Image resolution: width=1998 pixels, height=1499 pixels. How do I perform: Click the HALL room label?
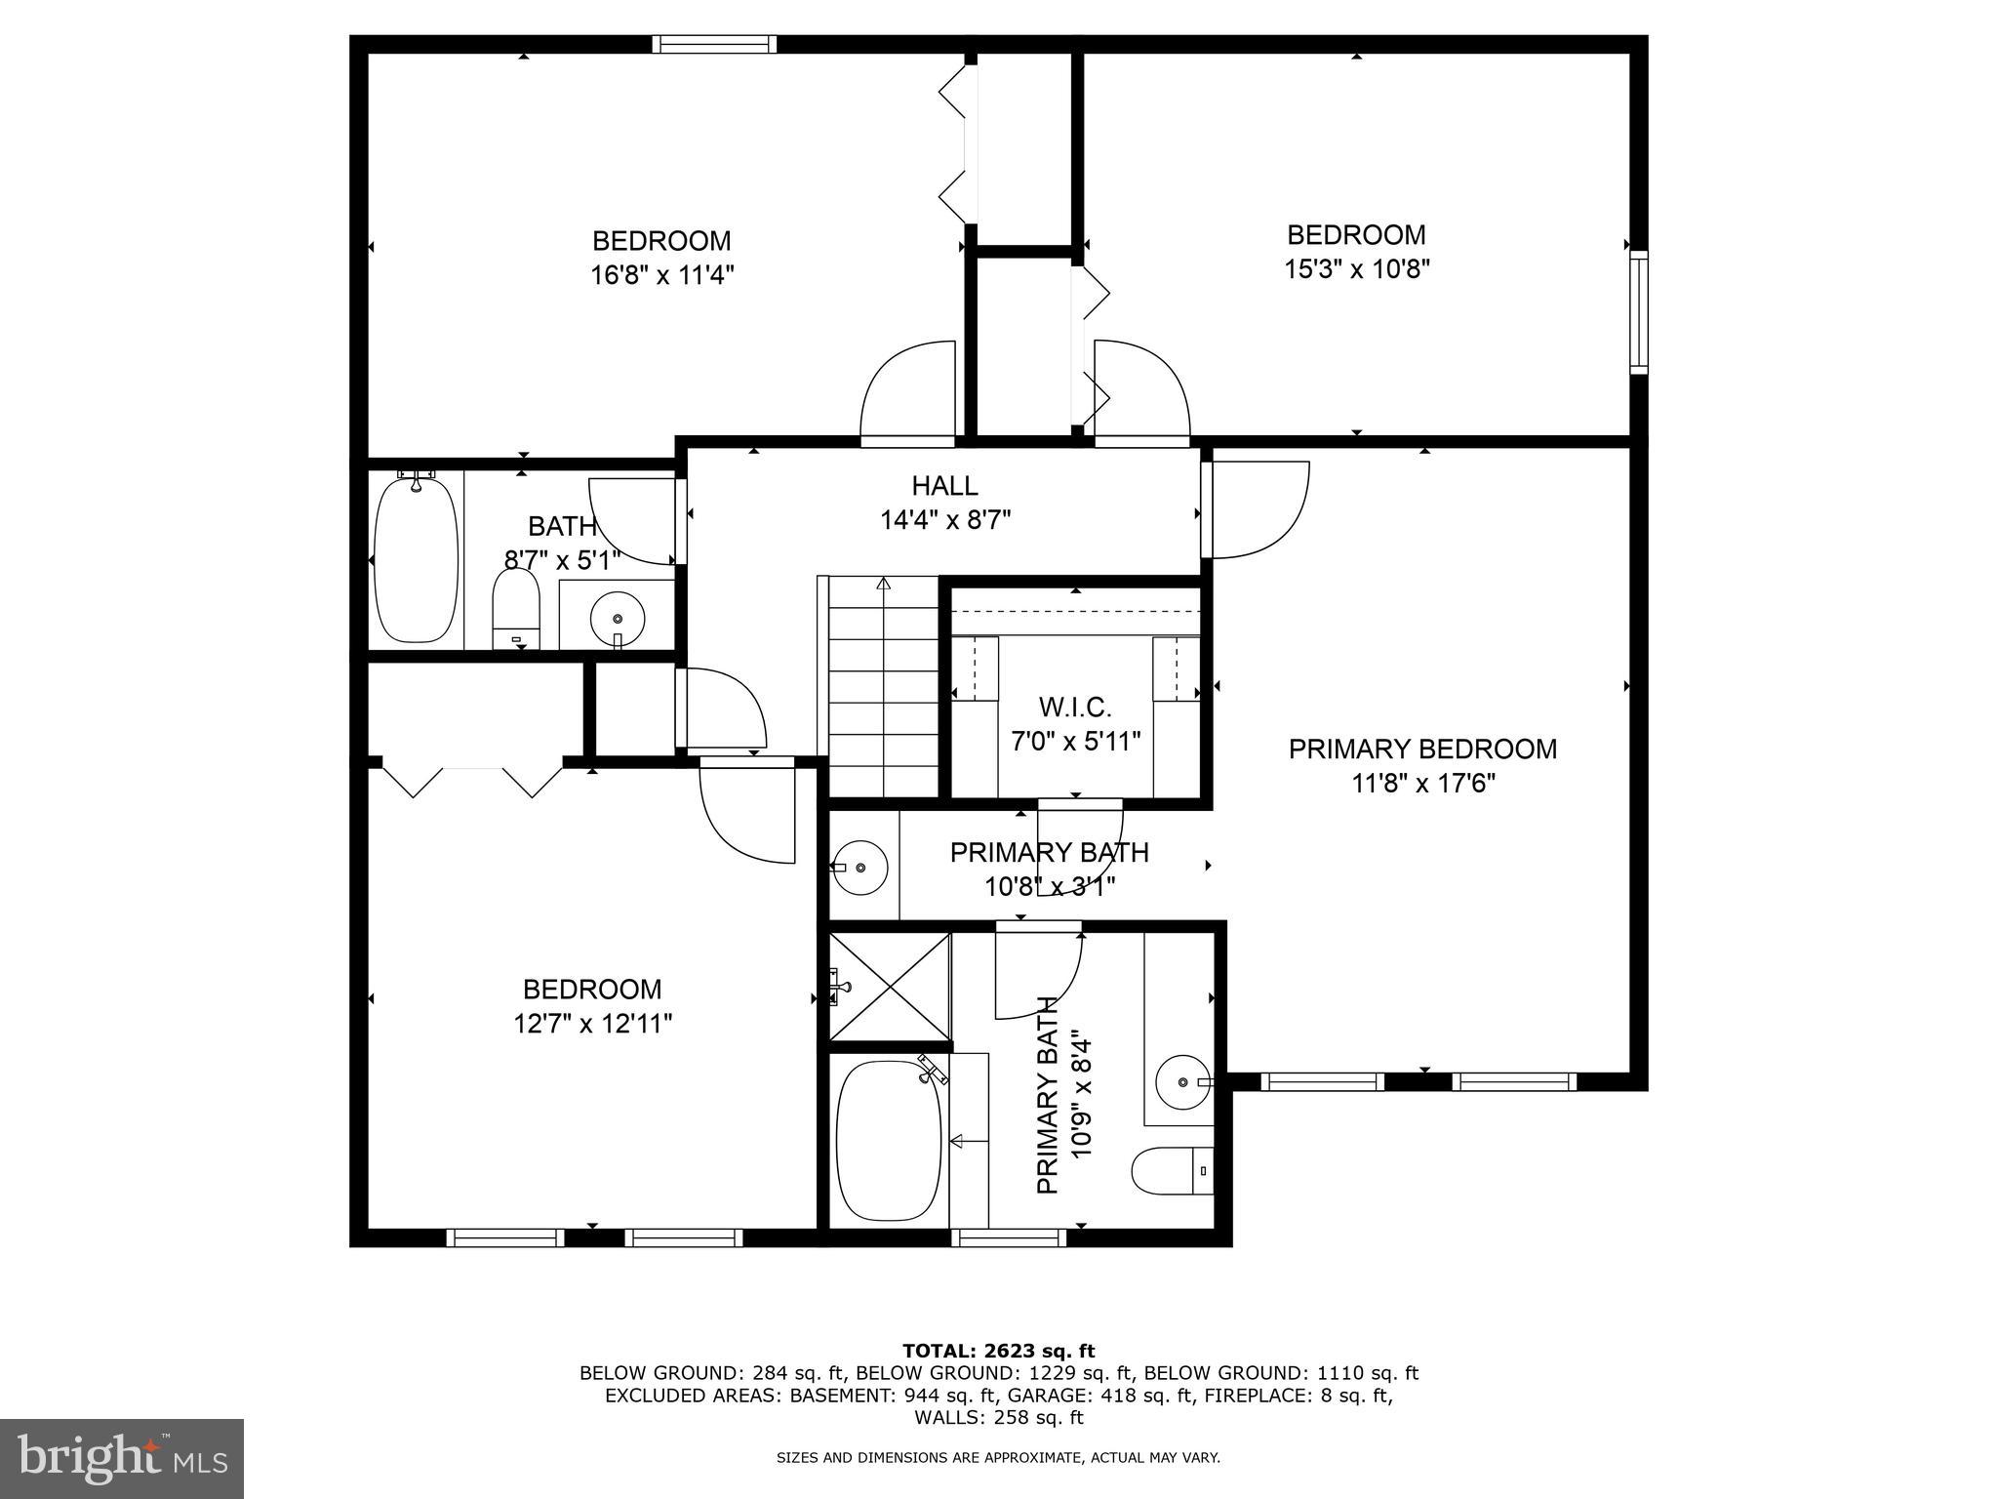click(944, 485)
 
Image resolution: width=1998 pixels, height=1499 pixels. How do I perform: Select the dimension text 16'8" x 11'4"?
click(661, 275)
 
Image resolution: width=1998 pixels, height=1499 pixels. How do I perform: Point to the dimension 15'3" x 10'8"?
click(1356, 268)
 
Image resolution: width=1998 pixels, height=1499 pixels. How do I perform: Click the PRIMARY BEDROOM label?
click(1422, 749)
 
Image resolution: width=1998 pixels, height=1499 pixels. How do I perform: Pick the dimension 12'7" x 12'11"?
click(592, 1024)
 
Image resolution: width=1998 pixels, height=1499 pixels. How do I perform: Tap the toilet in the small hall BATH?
click(516, 607)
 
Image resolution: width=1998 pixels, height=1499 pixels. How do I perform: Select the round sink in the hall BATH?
click(617, 619)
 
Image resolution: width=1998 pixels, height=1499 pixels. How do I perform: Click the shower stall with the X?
click(889, 987)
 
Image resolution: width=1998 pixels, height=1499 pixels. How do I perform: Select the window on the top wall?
click(714, 44)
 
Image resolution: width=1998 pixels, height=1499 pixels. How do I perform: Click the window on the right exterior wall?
click(1639, 311)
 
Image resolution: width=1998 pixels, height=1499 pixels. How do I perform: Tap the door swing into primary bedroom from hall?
click(1259, 509)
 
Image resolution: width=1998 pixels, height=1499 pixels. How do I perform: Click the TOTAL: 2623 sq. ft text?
click(998, 1351)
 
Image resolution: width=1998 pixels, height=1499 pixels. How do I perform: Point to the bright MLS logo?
click(122, 1458)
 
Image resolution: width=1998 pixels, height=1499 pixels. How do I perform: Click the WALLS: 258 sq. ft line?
click(998, 1417)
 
